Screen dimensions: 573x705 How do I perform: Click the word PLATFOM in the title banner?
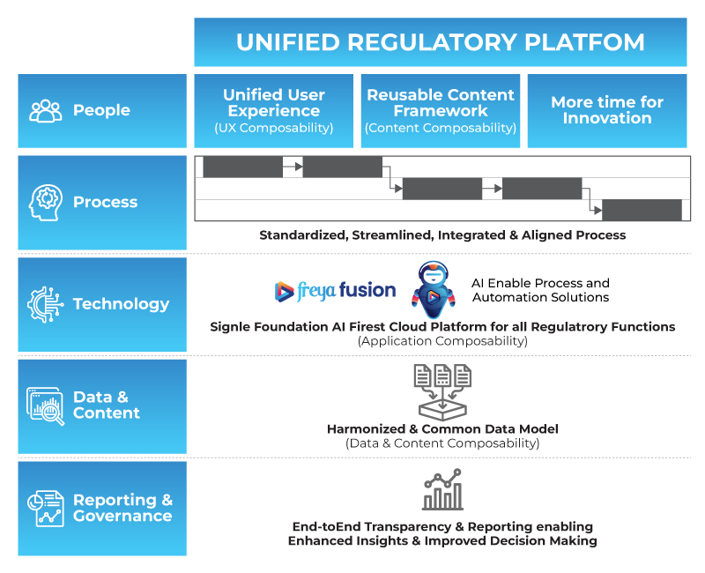coord(592,42)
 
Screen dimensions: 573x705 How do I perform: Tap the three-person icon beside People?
coord(46,111)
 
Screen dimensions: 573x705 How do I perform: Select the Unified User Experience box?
coord(274,111)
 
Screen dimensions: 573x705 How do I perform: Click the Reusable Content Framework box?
coord(440,111)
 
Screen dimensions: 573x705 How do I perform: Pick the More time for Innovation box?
coord(606,111)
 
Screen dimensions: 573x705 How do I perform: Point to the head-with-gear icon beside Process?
coord(46,202)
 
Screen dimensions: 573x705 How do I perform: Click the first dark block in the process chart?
coord(243,167)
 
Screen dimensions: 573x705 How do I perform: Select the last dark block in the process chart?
coord(642,210)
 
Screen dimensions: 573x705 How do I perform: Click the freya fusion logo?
coord(335,290)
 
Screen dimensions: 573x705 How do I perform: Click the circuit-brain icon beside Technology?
coord(46,304)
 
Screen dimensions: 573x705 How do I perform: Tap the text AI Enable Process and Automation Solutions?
coord(540,290)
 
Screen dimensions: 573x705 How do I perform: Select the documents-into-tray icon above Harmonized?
coord(442,389)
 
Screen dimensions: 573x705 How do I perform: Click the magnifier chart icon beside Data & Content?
coord(46,406)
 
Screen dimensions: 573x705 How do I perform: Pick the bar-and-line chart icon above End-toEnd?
coord(442,490)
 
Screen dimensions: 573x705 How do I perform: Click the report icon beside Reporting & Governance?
coord(46,508)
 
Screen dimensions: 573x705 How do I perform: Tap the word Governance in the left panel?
coord(122,517)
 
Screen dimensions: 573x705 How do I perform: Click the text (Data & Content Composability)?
coord(442,443)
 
